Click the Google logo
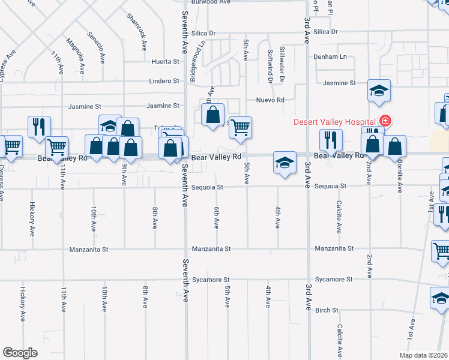pyautogui.click(x=20, y=352)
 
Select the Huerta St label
pyautogui.click(x=166, y=61)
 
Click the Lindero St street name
pyautogui.click(x=164, y=80)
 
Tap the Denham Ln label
pyautogui.click(x=330, y=56)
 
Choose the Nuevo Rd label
pyautogui.click(x=270, y=100)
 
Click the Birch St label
pyautogui.click(x=327, y=310)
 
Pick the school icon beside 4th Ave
pyautogui.click(x=285, y=163)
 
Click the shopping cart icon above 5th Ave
pyautogui.click(x=240, y=127)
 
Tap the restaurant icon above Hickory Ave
pyautogui.click(x=39, y=127)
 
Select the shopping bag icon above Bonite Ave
pyautogui.click(x=394, y=146)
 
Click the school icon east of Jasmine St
pyautogui.click(x=379, y=91)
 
